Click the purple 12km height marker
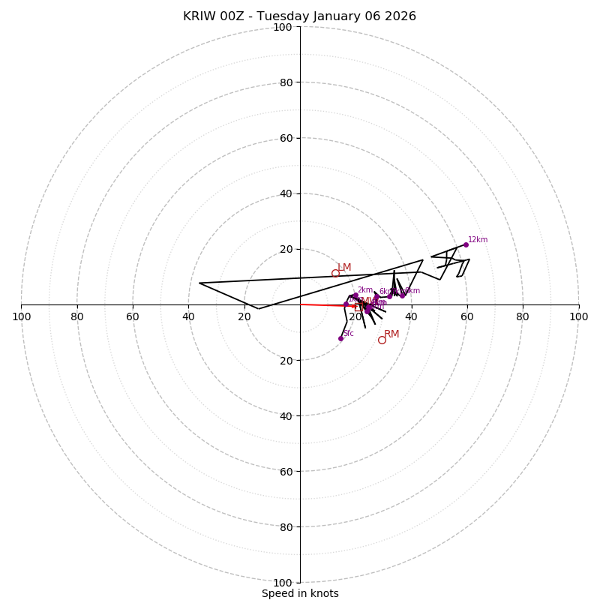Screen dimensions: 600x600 click(x=466, y=244)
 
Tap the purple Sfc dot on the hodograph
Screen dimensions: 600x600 click(x=340, y=338)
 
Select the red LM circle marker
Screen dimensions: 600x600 click(x=335, y=273)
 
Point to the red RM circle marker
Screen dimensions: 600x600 click(x=382, y=340)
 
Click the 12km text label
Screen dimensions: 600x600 click(x=478, y=240)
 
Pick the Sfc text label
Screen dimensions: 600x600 click(x=349, y=334)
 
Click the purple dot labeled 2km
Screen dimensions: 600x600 click(x=355, y=295)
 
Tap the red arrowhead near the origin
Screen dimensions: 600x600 click(x=355, y=306)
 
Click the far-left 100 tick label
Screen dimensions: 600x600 click(x=21, y=316)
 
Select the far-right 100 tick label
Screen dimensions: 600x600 click(x=579, y=316)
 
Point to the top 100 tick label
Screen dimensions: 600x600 click(x=283, y=27)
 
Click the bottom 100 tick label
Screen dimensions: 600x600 click(x=283, y=583)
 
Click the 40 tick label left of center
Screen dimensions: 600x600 click(x=189, y=316)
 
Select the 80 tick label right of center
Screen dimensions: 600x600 click(x=523, y=316)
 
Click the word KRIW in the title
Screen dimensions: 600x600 click(x=199, y=16)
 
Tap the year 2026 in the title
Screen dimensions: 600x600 click(x=400, y=16)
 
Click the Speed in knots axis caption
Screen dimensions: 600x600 click(x=300, y=593)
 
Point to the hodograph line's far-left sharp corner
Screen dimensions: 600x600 click(x=199, y=283)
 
